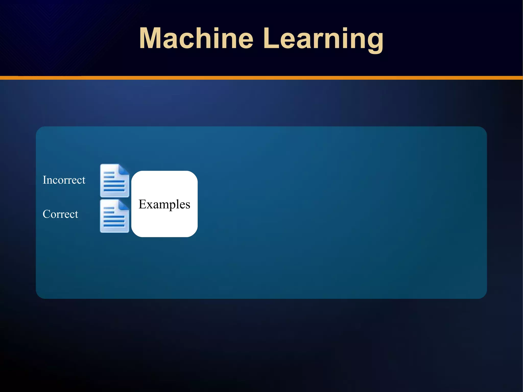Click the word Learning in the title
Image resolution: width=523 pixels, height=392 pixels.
click(x=323, y=38)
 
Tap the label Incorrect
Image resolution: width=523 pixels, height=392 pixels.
click(x=64, y=180)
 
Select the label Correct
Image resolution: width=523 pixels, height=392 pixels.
click(x=60, y=214)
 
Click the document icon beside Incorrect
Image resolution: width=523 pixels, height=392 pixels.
click(x=114, y=181)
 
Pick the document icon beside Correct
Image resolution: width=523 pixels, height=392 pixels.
click(x=114, y=216)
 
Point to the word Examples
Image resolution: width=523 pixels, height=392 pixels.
click(x=164, y=204)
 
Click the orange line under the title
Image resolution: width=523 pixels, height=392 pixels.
click(x=261, y=78)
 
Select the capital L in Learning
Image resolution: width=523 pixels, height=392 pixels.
click(x=270, y=38)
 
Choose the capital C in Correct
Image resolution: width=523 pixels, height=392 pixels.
click(x=47, y=214)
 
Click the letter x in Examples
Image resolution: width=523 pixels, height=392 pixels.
click(x=149, y=205)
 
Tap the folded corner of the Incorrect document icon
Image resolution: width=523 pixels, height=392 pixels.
click(x=124, y=169)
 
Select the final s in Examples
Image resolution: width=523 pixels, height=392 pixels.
click(x=188, y=205)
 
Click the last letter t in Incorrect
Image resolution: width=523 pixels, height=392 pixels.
click(x=84, y=180)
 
